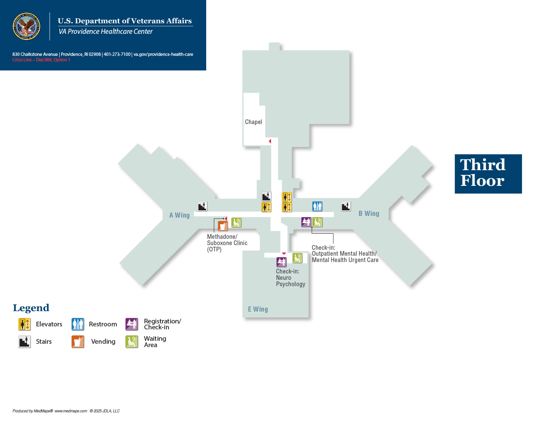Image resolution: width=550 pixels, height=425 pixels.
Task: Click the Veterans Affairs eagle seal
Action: (26, 26)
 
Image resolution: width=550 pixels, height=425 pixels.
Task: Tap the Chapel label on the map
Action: (253, 122)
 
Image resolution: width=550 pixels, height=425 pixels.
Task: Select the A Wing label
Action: (179, 215)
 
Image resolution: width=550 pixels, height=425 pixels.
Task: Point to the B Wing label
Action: (369, 213)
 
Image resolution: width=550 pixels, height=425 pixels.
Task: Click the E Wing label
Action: (258, 309)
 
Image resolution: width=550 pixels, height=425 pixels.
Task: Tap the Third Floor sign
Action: (488, 174)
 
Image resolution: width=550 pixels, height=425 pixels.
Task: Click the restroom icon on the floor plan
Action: (317, 207)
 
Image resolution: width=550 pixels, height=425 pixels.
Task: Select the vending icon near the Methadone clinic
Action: (223, 226)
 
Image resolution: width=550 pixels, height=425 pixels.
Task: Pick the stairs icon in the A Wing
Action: (202, 207)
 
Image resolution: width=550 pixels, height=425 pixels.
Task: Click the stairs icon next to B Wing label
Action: (346, 207)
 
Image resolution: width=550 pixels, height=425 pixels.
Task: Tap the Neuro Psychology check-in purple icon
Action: (281, 262)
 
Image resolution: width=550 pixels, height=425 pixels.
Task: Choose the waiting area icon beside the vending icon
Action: (236, 223)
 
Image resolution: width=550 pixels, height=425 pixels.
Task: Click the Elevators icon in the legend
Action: (24, 324)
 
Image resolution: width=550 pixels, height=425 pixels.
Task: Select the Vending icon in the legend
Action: (78, 342)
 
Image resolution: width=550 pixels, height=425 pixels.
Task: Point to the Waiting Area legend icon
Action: (132, 342)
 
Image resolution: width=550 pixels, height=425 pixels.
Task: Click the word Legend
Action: (31, 308)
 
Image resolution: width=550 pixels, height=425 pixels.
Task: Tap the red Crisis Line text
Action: (41, 60)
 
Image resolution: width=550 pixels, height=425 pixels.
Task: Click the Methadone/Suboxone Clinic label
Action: (227, 243)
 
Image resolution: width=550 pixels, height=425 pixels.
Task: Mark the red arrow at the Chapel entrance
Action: (270, 141)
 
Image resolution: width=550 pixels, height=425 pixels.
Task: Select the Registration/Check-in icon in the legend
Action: (132, 324)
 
